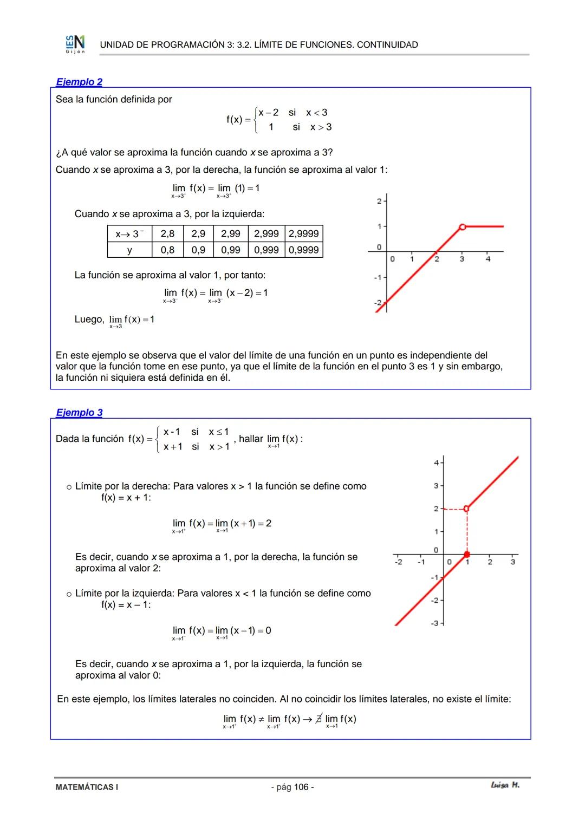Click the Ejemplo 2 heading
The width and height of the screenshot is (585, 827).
(79, 82)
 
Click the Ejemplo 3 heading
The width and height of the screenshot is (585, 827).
(79, 413)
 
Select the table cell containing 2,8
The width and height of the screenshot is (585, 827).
(167, 233)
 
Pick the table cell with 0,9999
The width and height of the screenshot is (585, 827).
(304, 250)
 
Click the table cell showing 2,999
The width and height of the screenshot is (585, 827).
(266, 233)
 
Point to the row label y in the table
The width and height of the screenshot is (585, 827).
(129, 250)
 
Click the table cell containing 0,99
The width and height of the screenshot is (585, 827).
(230, 250)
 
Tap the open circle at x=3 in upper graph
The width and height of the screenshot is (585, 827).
(462, 227)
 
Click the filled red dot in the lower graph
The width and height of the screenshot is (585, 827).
(467, 554)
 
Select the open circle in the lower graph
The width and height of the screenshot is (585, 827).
(466, 509)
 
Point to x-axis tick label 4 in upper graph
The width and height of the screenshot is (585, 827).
(487, 259)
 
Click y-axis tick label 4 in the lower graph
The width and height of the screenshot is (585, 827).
(436, 463)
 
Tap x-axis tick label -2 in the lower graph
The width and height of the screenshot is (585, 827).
(398, 562)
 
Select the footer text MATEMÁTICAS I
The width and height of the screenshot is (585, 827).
(87, 787)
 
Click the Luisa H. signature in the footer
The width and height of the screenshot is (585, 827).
(504, 785)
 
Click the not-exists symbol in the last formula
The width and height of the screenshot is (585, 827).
(318, 719)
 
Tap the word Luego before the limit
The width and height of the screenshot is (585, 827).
(89, 320)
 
